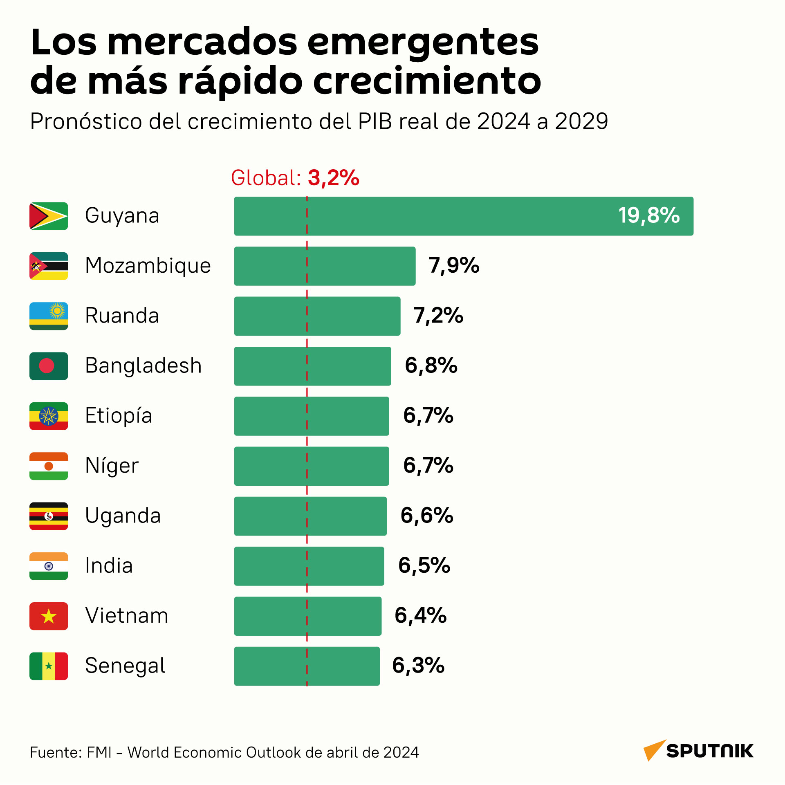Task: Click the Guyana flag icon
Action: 49,216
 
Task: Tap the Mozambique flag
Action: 49,266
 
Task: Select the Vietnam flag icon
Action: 49,616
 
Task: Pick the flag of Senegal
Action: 49,666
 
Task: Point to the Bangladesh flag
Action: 49,366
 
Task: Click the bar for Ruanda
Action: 317,316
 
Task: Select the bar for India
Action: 309,566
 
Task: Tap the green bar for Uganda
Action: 310,516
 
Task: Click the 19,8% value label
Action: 649,215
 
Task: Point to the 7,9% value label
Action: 454,266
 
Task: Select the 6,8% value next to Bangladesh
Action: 431,366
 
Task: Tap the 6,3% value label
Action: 418,666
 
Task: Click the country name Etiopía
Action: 119,415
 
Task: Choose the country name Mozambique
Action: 148,266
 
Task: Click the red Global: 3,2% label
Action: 295,178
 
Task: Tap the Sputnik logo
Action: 698,751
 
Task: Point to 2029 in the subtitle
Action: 581,121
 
